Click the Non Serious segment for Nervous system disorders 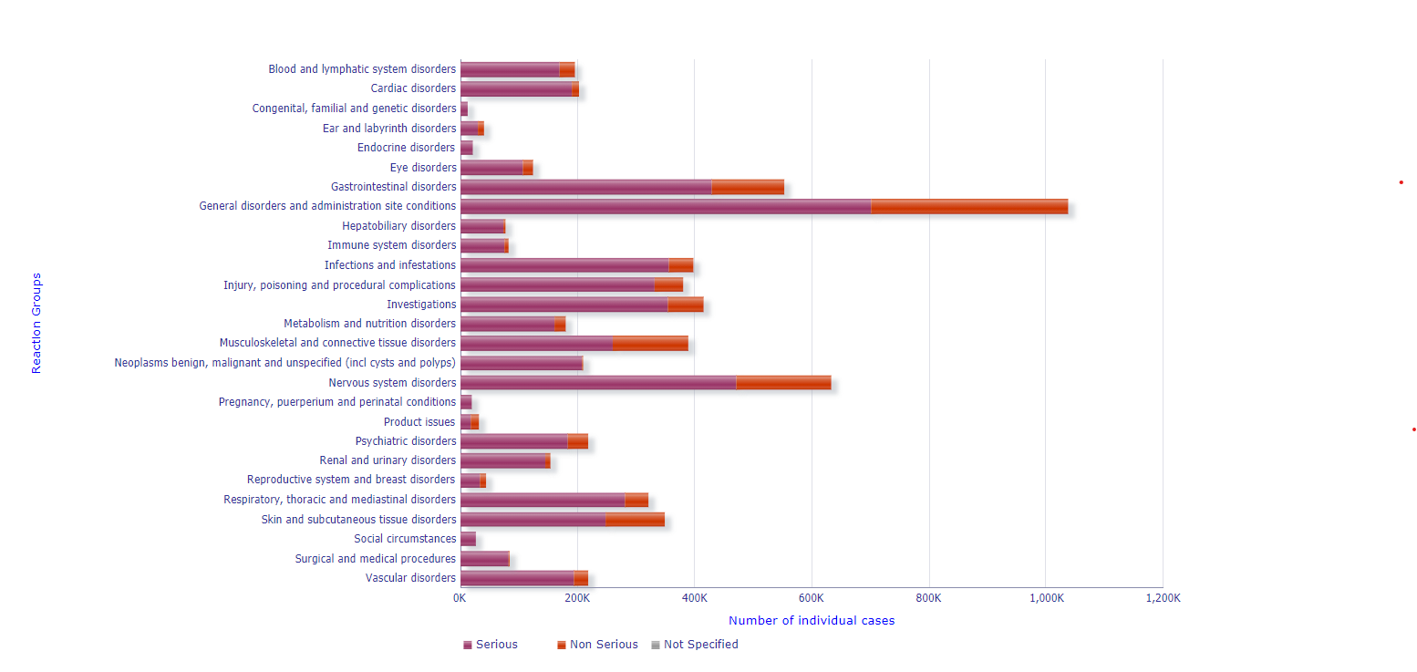click(783, 383)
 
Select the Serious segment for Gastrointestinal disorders click(585, 187)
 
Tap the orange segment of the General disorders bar click(969, 206)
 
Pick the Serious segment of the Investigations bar click(564, 305)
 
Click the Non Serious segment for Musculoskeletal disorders click(650, 343)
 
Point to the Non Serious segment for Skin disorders click(635, 520)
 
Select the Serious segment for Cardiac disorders click(516, 88)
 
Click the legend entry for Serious click(491, 645)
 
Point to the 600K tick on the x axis click(811, 598)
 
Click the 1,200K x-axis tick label click(1162, 598)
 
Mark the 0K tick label click(460, 598)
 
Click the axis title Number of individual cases click(812, 621)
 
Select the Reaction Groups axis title click(37, 323)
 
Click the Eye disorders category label click(423, 168)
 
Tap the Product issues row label click(419, 422)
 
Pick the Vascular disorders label click(410, 578)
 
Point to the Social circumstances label click(405, 539)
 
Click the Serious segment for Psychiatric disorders click(513, 441)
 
